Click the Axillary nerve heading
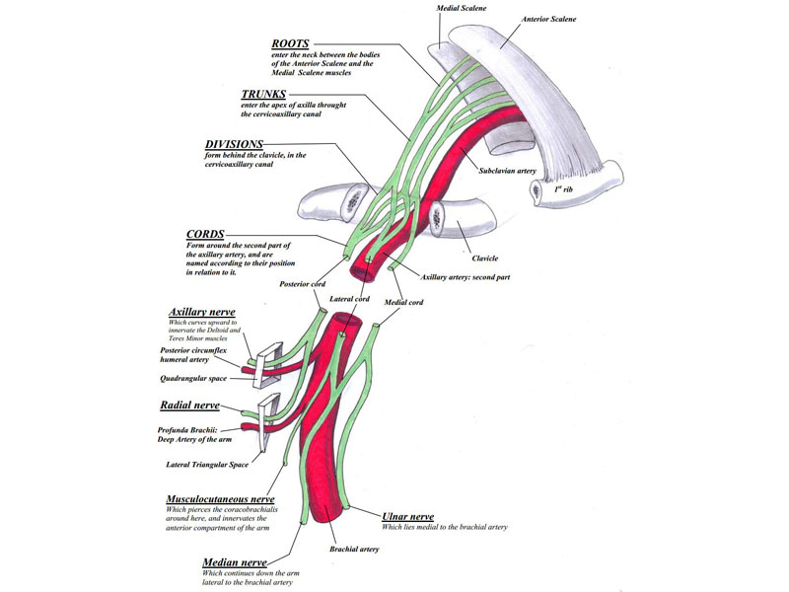tap(202, 313)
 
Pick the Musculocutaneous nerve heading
tap(222, 499)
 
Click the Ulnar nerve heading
tap(406, 516)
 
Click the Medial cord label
tap(403, 302)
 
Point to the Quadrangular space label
tap(193, 378)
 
